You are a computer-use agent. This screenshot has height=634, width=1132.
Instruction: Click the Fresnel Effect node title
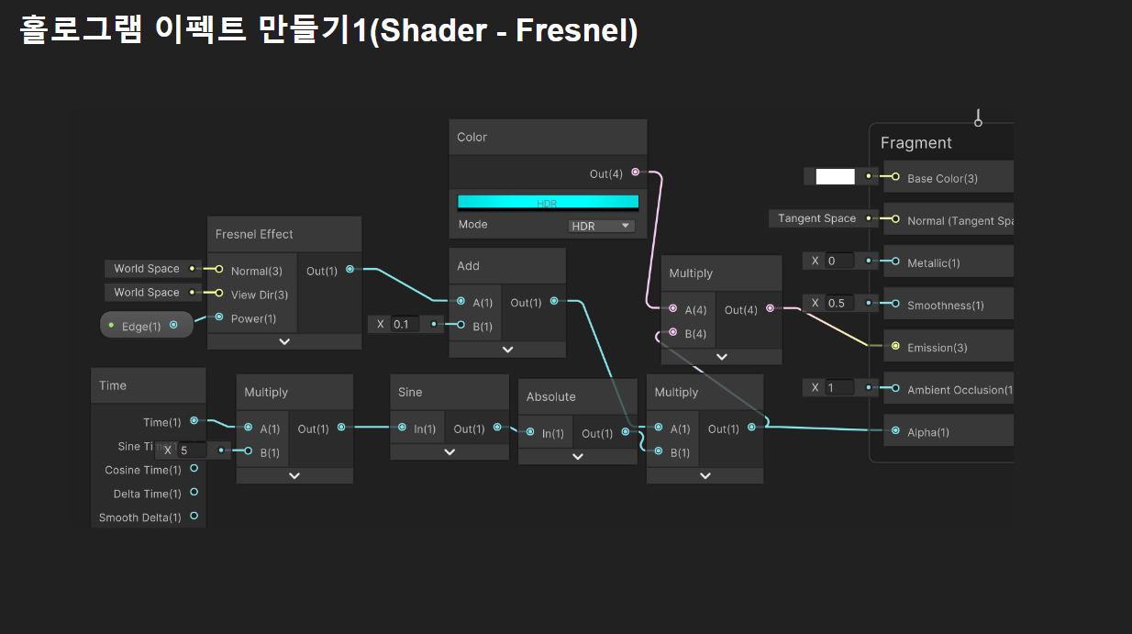pyautogui.click(x=254, y=234)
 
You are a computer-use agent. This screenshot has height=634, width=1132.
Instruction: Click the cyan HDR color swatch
pyautogui.click(x=548, y=202)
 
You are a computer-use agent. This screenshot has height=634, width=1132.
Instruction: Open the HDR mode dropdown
pyautogui.click(x=601, y=226)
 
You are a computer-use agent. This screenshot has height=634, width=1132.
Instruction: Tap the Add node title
pyautogui.click(x=469, y=266)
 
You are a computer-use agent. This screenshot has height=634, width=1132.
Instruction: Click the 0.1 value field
pyautogui.click(x=404, y=324)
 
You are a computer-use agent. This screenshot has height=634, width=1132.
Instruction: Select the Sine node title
pyautogui.click(x=410, y=392)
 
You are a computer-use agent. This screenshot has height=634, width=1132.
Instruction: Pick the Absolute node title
pyautogui.click(x=550, y=396)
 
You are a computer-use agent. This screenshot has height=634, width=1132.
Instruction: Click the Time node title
pyautogui.click(x=113, y=385)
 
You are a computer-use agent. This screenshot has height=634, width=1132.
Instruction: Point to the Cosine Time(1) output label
pyautogui.click(x=142, y=470)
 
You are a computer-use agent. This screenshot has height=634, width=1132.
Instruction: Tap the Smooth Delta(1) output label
pyautogui.click(x=139, y=517)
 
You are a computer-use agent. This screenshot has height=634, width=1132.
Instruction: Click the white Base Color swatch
pyautogui.click(x=835, y=177)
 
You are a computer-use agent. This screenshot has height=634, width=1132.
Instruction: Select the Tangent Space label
pyautogui.click(x=816, y=218)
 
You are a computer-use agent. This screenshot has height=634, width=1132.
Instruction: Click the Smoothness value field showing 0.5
pyautogui.click(x=838, y=303)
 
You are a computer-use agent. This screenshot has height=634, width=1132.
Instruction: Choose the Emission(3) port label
pyautogui.click(x=937, y=348)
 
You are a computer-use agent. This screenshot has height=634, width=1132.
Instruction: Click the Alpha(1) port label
pyautogui.click(x=927, y=432)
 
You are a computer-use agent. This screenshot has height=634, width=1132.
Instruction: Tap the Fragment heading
pyautogui.click(x=916, y=143)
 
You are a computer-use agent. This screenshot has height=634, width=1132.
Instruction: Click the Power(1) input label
pyautogui.click(x=253, y=318)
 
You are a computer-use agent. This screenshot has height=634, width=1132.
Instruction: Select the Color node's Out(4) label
pyautogui.click(x=605, y=173)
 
